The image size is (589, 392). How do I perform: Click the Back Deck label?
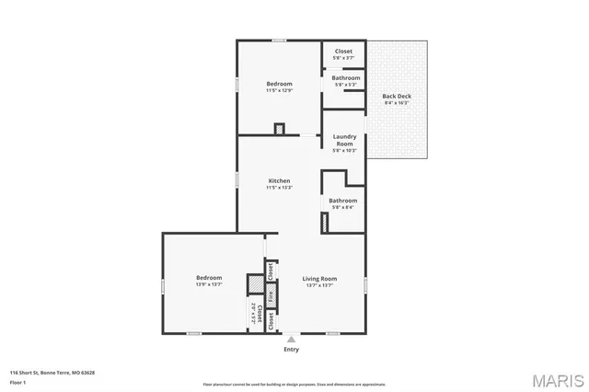[x=397, y=96]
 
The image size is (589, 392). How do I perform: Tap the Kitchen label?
[x=279, y=180]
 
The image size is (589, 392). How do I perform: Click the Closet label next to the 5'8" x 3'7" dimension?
[x=343, y=51]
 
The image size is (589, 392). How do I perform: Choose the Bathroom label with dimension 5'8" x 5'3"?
[x=346, y=78]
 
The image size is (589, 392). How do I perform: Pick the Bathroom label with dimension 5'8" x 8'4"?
[x=343, y=200]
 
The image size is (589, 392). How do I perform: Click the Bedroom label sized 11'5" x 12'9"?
[x=279, y=83]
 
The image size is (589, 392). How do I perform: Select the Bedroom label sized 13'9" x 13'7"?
[x=209, y=277]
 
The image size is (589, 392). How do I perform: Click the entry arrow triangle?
[x=291, y=339]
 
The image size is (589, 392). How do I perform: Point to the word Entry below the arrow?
[x=291, y=350]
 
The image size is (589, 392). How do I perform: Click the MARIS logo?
[x=555, y=380]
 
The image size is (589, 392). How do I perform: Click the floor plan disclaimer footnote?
[x=294, y=384]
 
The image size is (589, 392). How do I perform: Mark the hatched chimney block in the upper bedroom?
[x=280, y=129]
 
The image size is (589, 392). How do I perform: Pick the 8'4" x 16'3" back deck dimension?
[x=397, y=102]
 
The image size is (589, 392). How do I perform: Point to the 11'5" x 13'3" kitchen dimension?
[x=279, y=188]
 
